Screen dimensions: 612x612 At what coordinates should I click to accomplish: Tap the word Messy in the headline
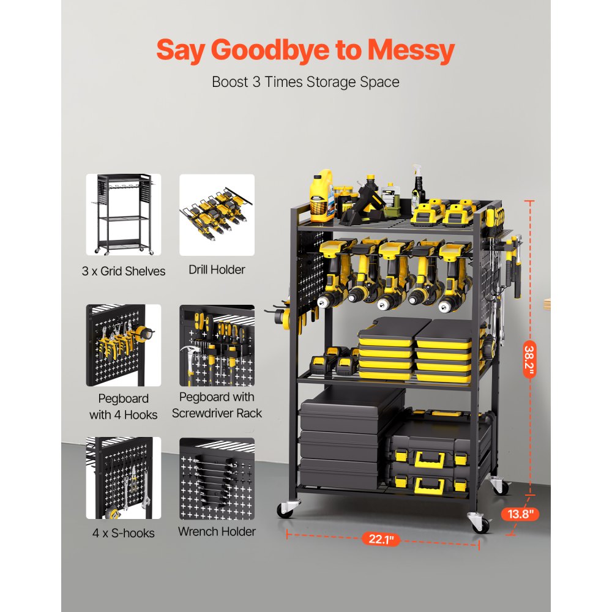click(411, 50)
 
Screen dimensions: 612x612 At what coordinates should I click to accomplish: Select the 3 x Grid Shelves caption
click(124, 271)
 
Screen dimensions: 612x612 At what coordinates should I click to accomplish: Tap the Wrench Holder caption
click(217, 531)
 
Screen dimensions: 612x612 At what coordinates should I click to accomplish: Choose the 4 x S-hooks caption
click(124, 532)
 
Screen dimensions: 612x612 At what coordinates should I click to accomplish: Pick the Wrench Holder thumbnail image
click(217, 478)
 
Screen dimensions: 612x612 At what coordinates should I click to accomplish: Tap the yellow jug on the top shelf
click(321, 195)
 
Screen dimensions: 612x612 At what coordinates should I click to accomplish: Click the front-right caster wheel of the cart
click(479, 523)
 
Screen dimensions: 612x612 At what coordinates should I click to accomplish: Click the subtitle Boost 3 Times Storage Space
click(305, 81)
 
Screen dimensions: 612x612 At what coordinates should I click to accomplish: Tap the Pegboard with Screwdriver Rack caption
click(217, 405)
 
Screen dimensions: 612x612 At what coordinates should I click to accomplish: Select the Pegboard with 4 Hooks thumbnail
click(124, 345)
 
